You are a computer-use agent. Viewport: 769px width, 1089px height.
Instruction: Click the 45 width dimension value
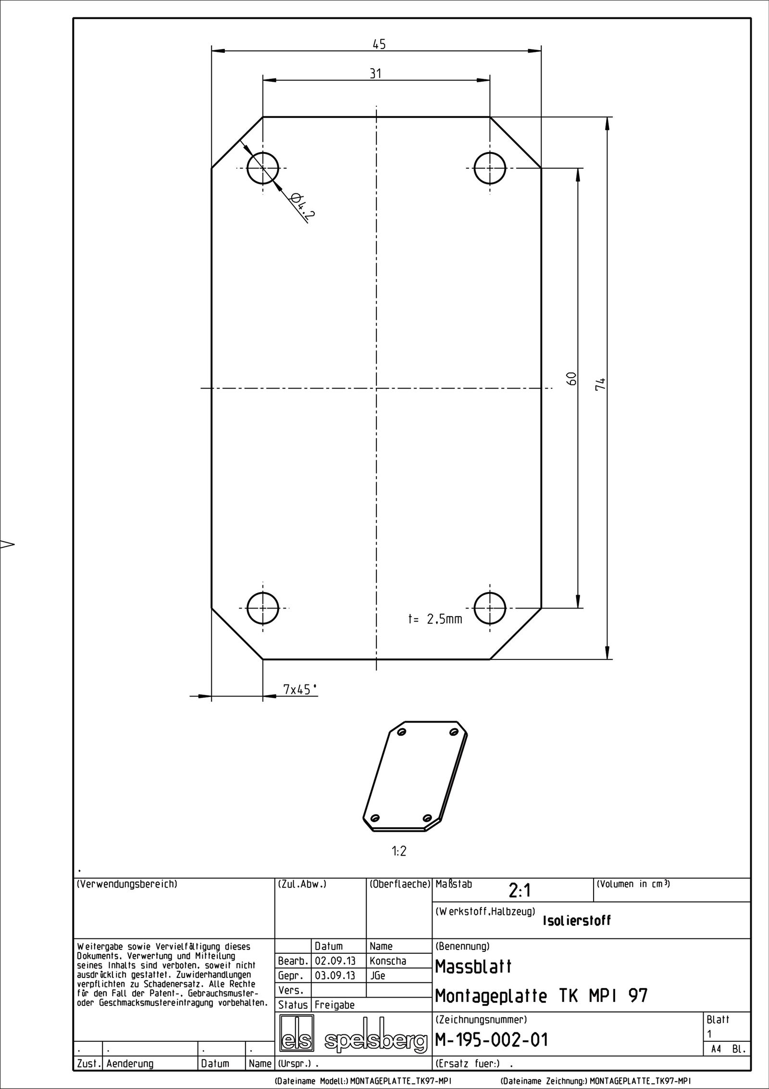[x=379, y=44]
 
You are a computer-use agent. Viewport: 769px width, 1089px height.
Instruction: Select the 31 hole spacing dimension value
[x=375, y=74]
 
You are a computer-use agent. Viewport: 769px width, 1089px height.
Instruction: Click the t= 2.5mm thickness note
[x=435, y=619]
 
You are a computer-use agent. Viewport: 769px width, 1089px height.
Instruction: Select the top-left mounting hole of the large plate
[x=262, y=168]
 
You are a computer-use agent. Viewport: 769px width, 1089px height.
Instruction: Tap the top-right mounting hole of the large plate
[x=489, y=168]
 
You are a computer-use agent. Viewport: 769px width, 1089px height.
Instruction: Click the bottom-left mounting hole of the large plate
[x=262, y=608]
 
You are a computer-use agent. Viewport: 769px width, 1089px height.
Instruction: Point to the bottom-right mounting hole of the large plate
[x=489, y=608]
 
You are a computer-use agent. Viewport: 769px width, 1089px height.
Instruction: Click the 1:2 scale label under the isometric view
[x=399, y=852]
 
